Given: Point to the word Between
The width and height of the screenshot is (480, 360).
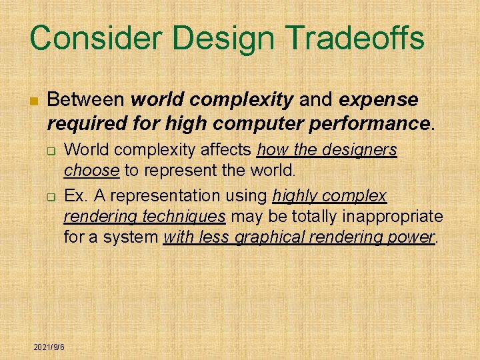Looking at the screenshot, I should click(86, 100).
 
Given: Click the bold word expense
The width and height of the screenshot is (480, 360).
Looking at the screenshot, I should click(379, 100).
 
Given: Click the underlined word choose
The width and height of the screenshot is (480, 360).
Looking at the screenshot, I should click(92, 170).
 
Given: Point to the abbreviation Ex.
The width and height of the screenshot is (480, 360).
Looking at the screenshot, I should click(75, 195).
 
